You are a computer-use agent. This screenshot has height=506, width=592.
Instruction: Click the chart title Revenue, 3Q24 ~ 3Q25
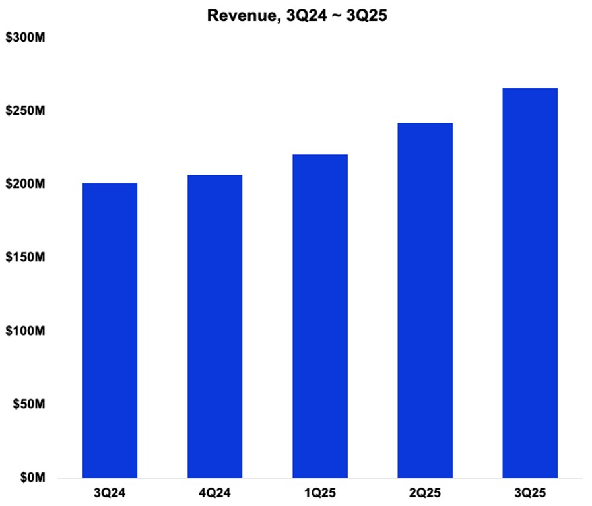[x=296, y=16]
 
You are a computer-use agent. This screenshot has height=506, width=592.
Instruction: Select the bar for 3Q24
[x=110, y=330]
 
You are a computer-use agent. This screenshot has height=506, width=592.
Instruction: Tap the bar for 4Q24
[x=214, y=326]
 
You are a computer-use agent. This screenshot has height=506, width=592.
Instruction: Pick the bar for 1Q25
[x=320, y=316]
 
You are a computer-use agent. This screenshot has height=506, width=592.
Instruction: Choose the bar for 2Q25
[x=425, y=300]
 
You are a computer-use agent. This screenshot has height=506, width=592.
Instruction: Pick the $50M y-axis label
[x=28, y=404]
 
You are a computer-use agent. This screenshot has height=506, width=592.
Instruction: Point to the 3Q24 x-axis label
[x=110, y=493]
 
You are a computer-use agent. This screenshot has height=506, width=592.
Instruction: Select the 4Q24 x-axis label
[x=214, y=493]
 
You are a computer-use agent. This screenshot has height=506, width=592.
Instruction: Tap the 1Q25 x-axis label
[x=320, y=493]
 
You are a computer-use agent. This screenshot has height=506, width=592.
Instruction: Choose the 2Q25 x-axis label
[x=425, y=493]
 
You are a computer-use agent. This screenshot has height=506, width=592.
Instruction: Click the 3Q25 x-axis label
[x=530, y=493]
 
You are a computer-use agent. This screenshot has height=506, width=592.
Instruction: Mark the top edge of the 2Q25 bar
[x=425, y=123]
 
